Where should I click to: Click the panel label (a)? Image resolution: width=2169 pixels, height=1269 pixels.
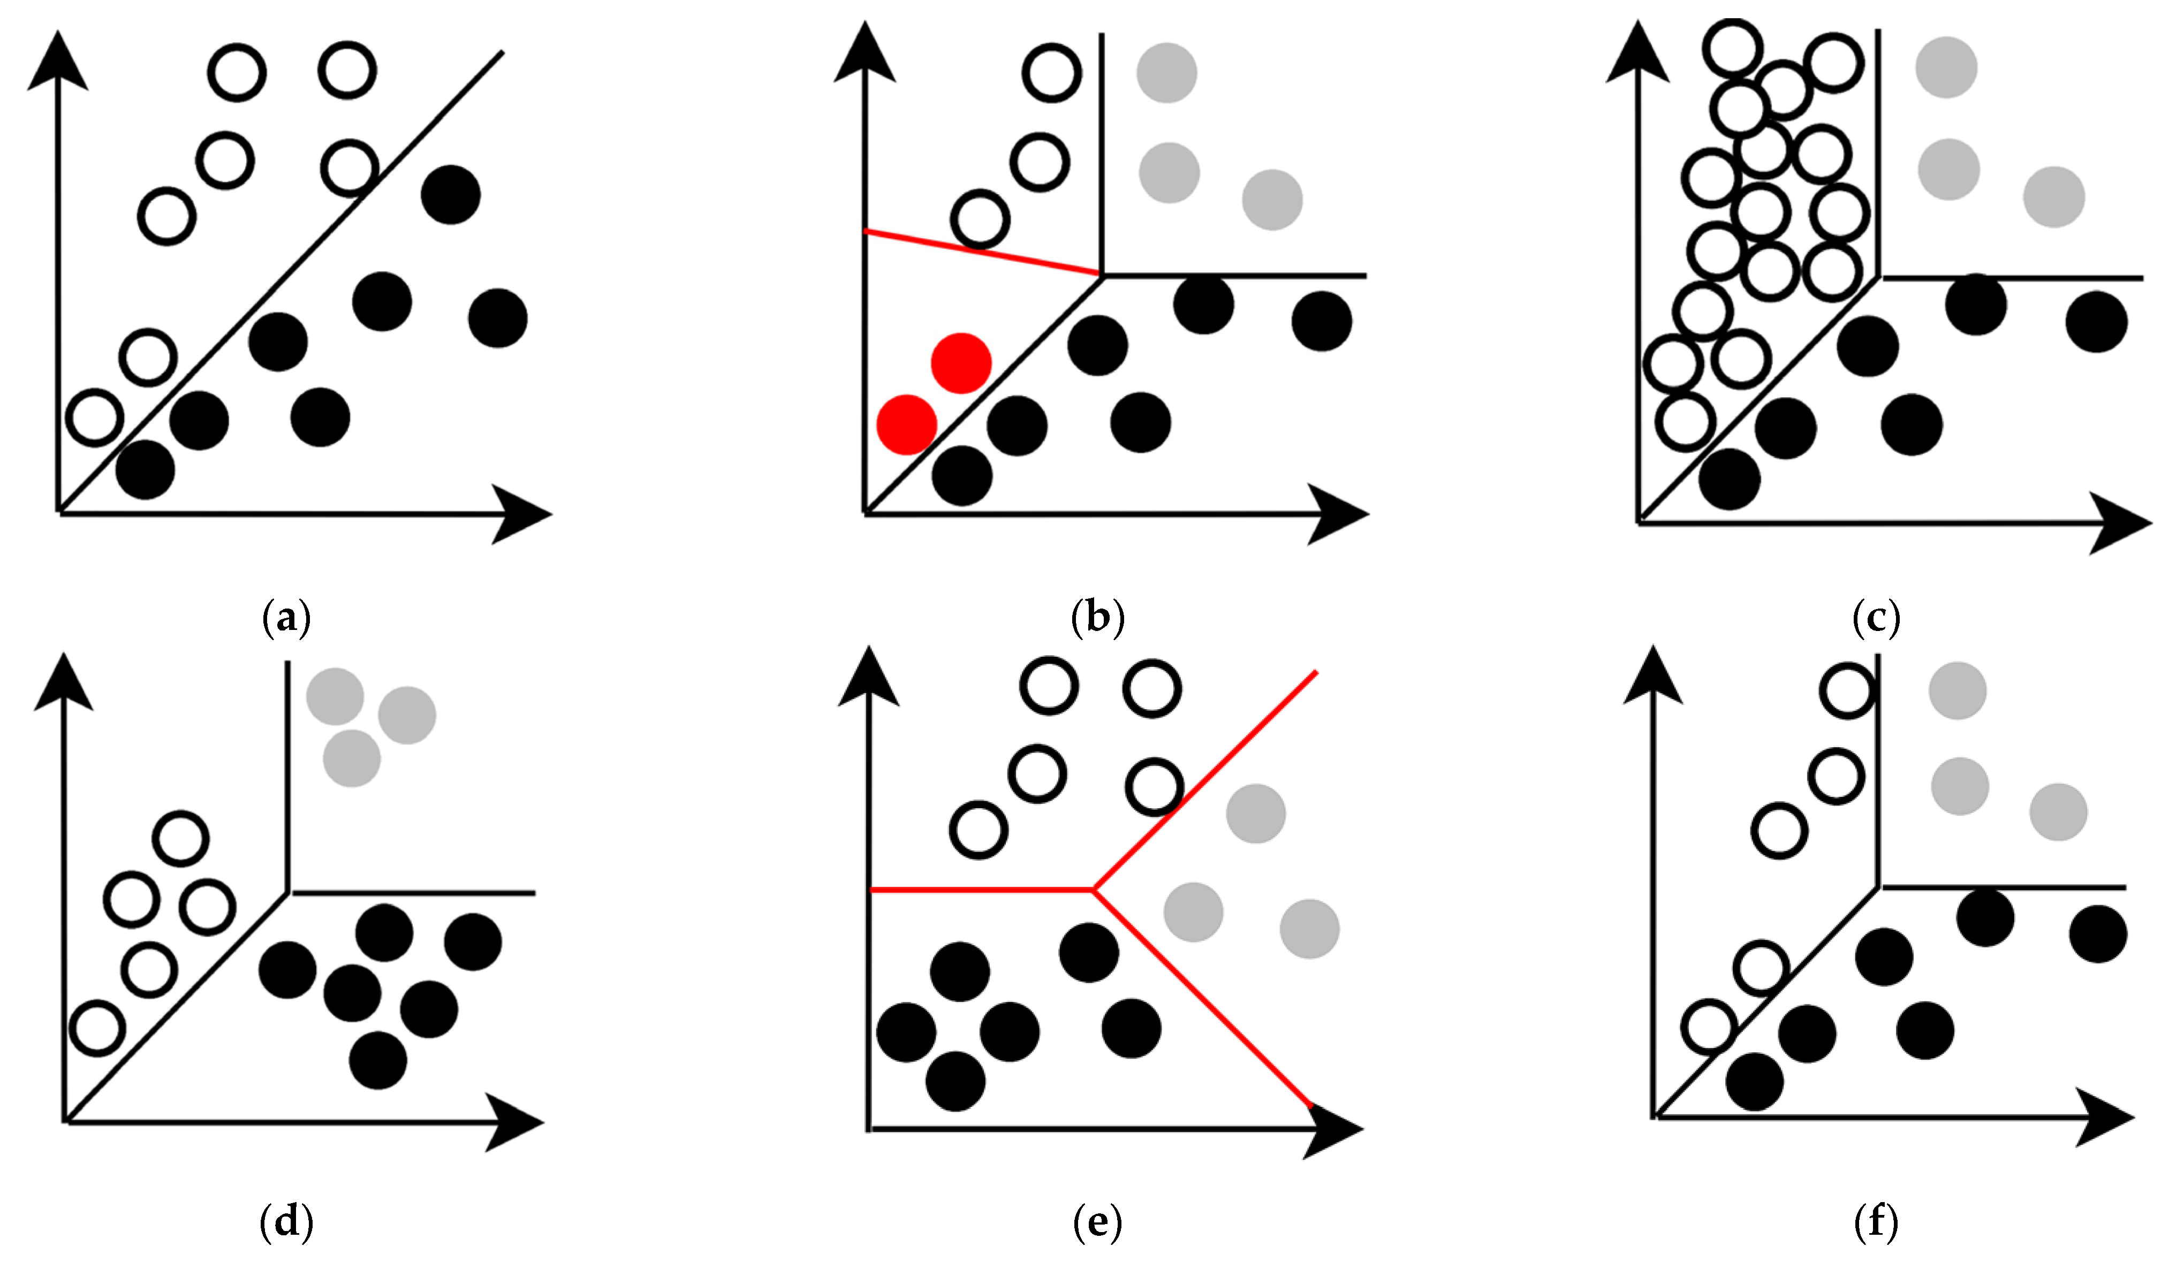[x=286, y=617]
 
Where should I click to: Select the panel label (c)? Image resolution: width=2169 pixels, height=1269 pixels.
[x=1876, y=617]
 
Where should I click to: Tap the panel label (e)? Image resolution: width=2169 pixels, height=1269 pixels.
[x=1097, y=1222]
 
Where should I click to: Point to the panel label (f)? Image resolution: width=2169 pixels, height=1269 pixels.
[x=1876, y=1222]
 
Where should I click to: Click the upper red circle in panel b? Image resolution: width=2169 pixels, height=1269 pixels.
[x=961, y=363]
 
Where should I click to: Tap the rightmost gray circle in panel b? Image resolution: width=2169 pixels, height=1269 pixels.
[x=1272, y=200]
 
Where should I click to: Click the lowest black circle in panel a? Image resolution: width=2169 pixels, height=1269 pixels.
[x=146, y=470]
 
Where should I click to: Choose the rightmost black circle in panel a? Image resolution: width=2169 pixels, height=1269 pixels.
[x=497, y=318]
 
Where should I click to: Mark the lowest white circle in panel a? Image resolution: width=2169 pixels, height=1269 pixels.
[x=95, y=418]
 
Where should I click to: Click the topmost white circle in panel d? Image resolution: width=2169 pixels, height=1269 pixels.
[x=181, y=838]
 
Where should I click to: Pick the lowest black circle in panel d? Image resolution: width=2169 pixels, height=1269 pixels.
[x=378, y=1060]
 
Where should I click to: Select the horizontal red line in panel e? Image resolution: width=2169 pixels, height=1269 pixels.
[x=981, y=889]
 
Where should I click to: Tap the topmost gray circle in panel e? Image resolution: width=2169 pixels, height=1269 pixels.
[x=1256, y=813]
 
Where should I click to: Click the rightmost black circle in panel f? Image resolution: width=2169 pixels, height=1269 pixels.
[x=2098, y=933]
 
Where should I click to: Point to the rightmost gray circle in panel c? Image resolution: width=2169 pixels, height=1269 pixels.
[x=2054, y=197]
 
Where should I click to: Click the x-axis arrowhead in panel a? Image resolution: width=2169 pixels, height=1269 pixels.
[x=521, y=514]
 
